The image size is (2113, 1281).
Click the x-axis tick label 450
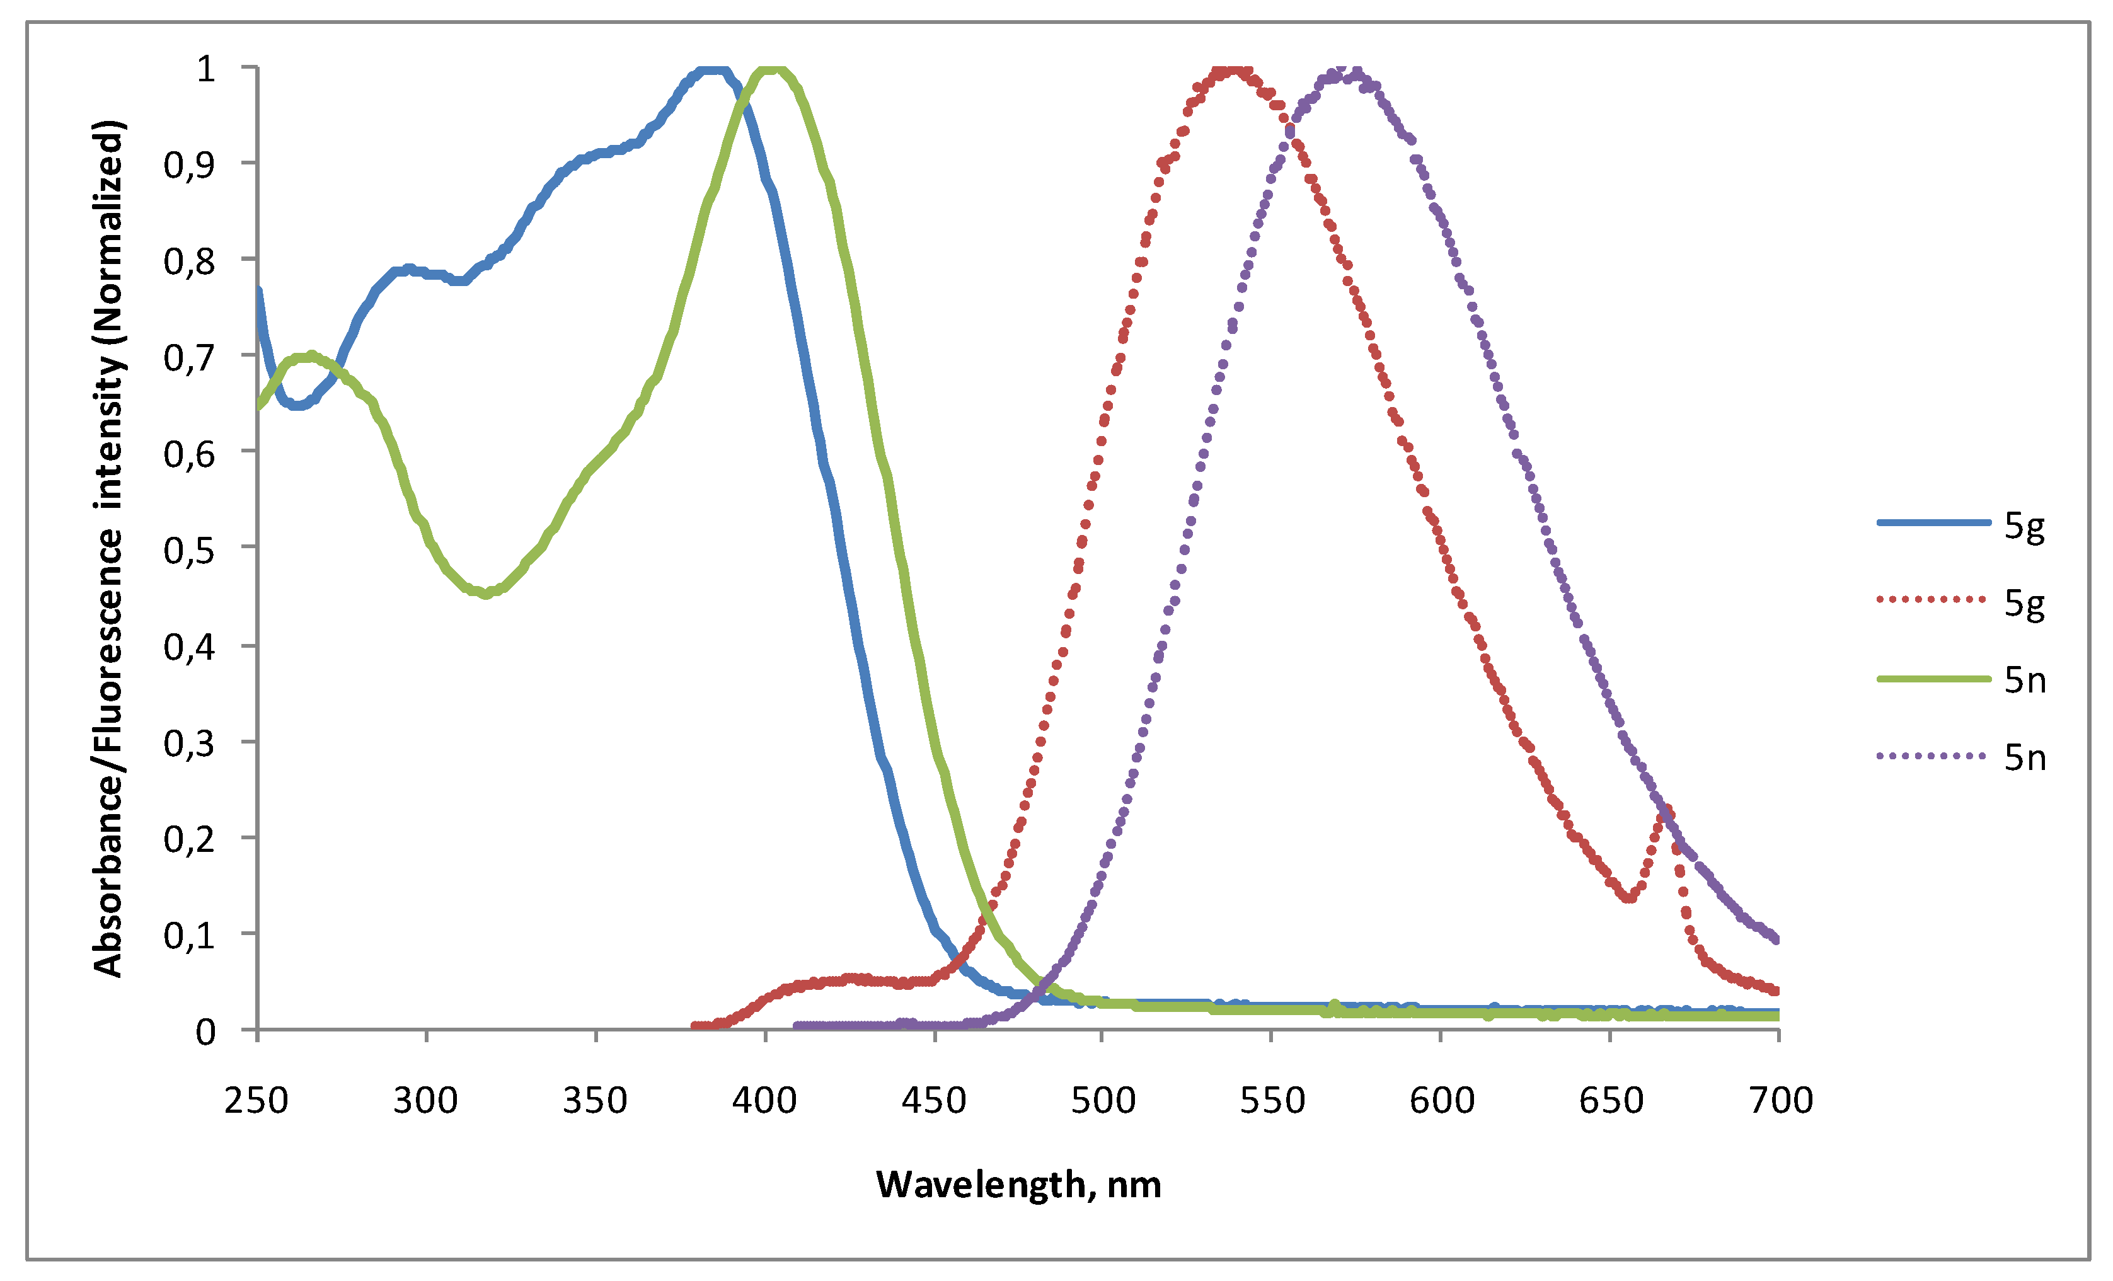[x=933, y=1100]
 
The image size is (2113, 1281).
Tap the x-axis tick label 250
[x=256, y=1100]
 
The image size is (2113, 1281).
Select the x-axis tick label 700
[x=1780, y=1100]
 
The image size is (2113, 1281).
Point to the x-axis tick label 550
[x=1272, y=1100]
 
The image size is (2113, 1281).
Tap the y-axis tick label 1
[x=206, y=69]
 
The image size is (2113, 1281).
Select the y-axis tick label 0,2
[x=190, y=839]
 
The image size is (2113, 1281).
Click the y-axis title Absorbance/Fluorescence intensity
[x=109, y=549]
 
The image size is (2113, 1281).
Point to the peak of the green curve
[x=772, y=71]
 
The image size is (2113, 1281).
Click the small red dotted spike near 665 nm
[x=1666, y=811]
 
